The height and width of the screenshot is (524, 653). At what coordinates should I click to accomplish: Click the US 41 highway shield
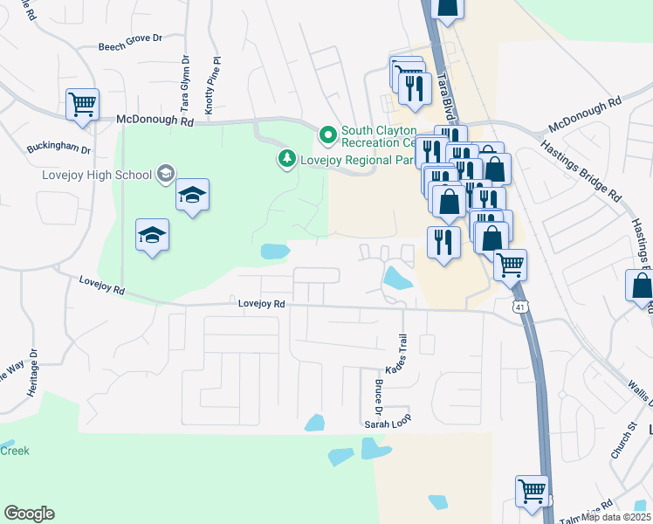click(x=519, y=307)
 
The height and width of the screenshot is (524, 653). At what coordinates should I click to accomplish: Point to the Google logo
click(x=29, y=514)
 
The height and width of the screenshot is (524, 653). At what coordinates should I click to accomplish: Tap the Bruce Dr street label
click(x=380, y=398)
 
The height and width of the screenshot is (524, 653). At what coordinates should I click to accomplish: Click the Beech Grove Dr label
click(x=131, y=48)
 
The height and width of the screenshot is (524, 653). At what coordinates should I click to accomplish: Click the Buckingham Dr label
click(x=58, y=148)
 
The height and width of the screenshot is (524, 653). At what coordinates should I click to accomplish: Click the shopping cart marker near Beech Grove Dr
click(x=82, y=105)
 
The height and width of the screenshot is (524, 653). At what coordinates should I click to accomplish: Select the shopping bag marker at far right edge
click(x=641, y=286)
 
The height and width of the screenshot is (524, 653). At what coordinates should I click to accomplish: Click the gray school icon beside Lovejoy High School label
click(x=165, y=174)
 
